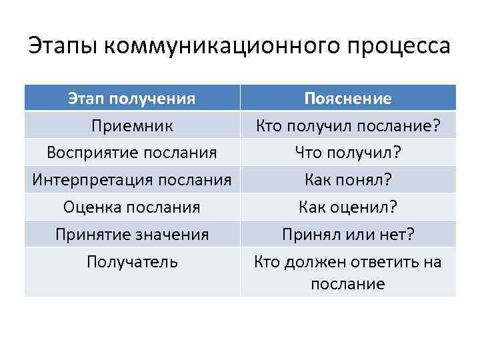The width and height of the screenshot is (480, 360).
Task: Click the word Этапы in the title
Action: click(63, 47)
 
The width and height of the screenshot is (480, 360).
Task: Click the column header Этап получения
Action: click(132, 99)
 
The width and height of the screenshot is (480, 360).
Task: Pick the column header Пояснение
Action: click(347, 99)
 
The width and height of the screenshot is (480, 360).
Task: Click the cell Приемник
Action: click(132, 126)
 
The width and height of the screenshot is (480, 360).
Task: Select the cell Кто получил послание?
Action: click(347, 126)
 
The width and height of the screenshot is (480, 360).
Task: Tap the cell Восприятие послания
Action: click(132, 153)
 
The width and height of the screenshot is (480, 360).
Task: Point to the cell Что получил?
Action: click(347, 153)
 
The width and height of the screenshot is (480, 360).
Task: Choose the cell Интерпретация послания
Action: click(132, 180)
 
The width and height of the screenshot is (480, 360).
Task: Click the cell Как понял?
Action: click(347, 180)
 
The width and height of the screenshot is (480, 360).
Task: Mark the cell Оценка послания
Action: click(132, 207)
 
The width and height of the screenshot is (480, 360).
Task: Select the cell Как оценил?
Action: click(347, 207)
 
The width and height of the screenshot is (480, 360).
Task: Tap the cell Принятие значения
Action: click(132, 235)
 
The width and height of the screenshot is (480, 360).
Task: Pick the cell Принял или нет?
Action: click(347, 235)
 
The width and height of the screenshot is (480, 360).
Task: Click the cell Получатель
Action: click(132, 262)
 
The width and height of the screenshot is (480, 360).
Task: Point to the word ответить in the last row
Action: click(385, 262)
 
